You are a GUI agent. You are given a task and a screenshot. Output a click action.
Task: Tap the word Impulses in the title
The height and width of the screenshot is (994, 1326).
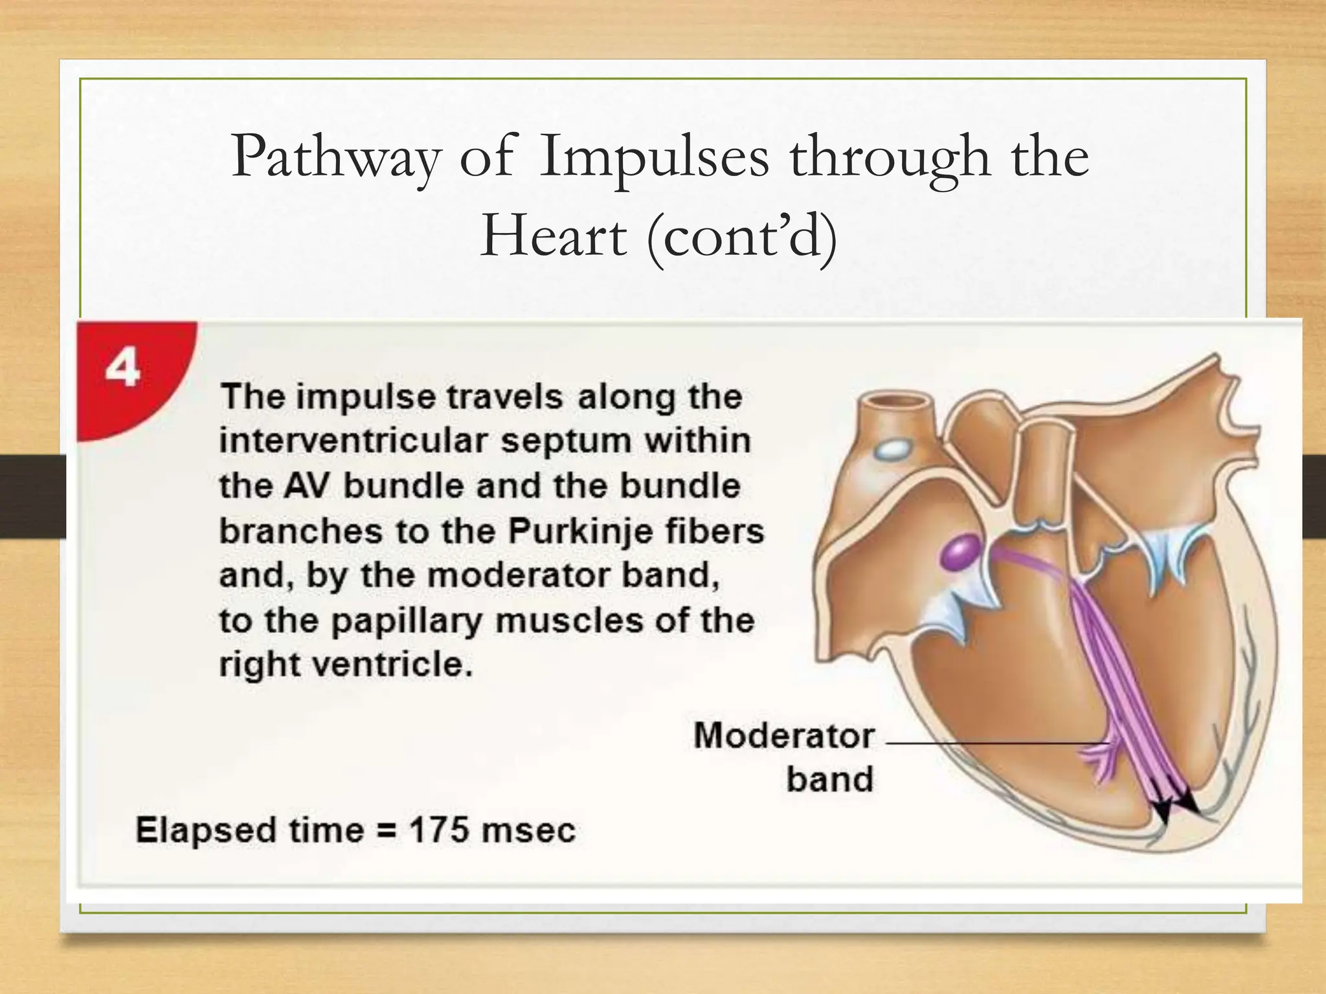tap(654, 159)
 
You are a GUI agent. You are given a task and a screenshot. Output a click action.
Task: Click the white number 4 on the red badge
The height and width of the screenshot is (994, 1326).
tap(122, 369)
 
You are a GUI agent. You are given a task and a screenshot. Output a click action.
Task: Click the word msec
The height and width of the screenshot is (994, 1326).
tap(528, 830)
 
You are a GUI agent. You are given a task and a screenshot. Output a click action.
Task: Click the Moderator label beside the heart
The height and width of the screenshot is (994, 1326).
tap(783, 736)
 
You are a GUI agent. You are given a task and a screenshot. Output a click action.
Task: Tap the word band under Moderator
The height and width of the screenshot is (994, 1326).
tap(829, 779)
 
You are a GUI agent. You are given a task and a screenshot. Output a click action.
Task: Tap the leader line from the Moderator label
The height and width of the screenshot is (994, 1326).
tap(991, 744)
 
